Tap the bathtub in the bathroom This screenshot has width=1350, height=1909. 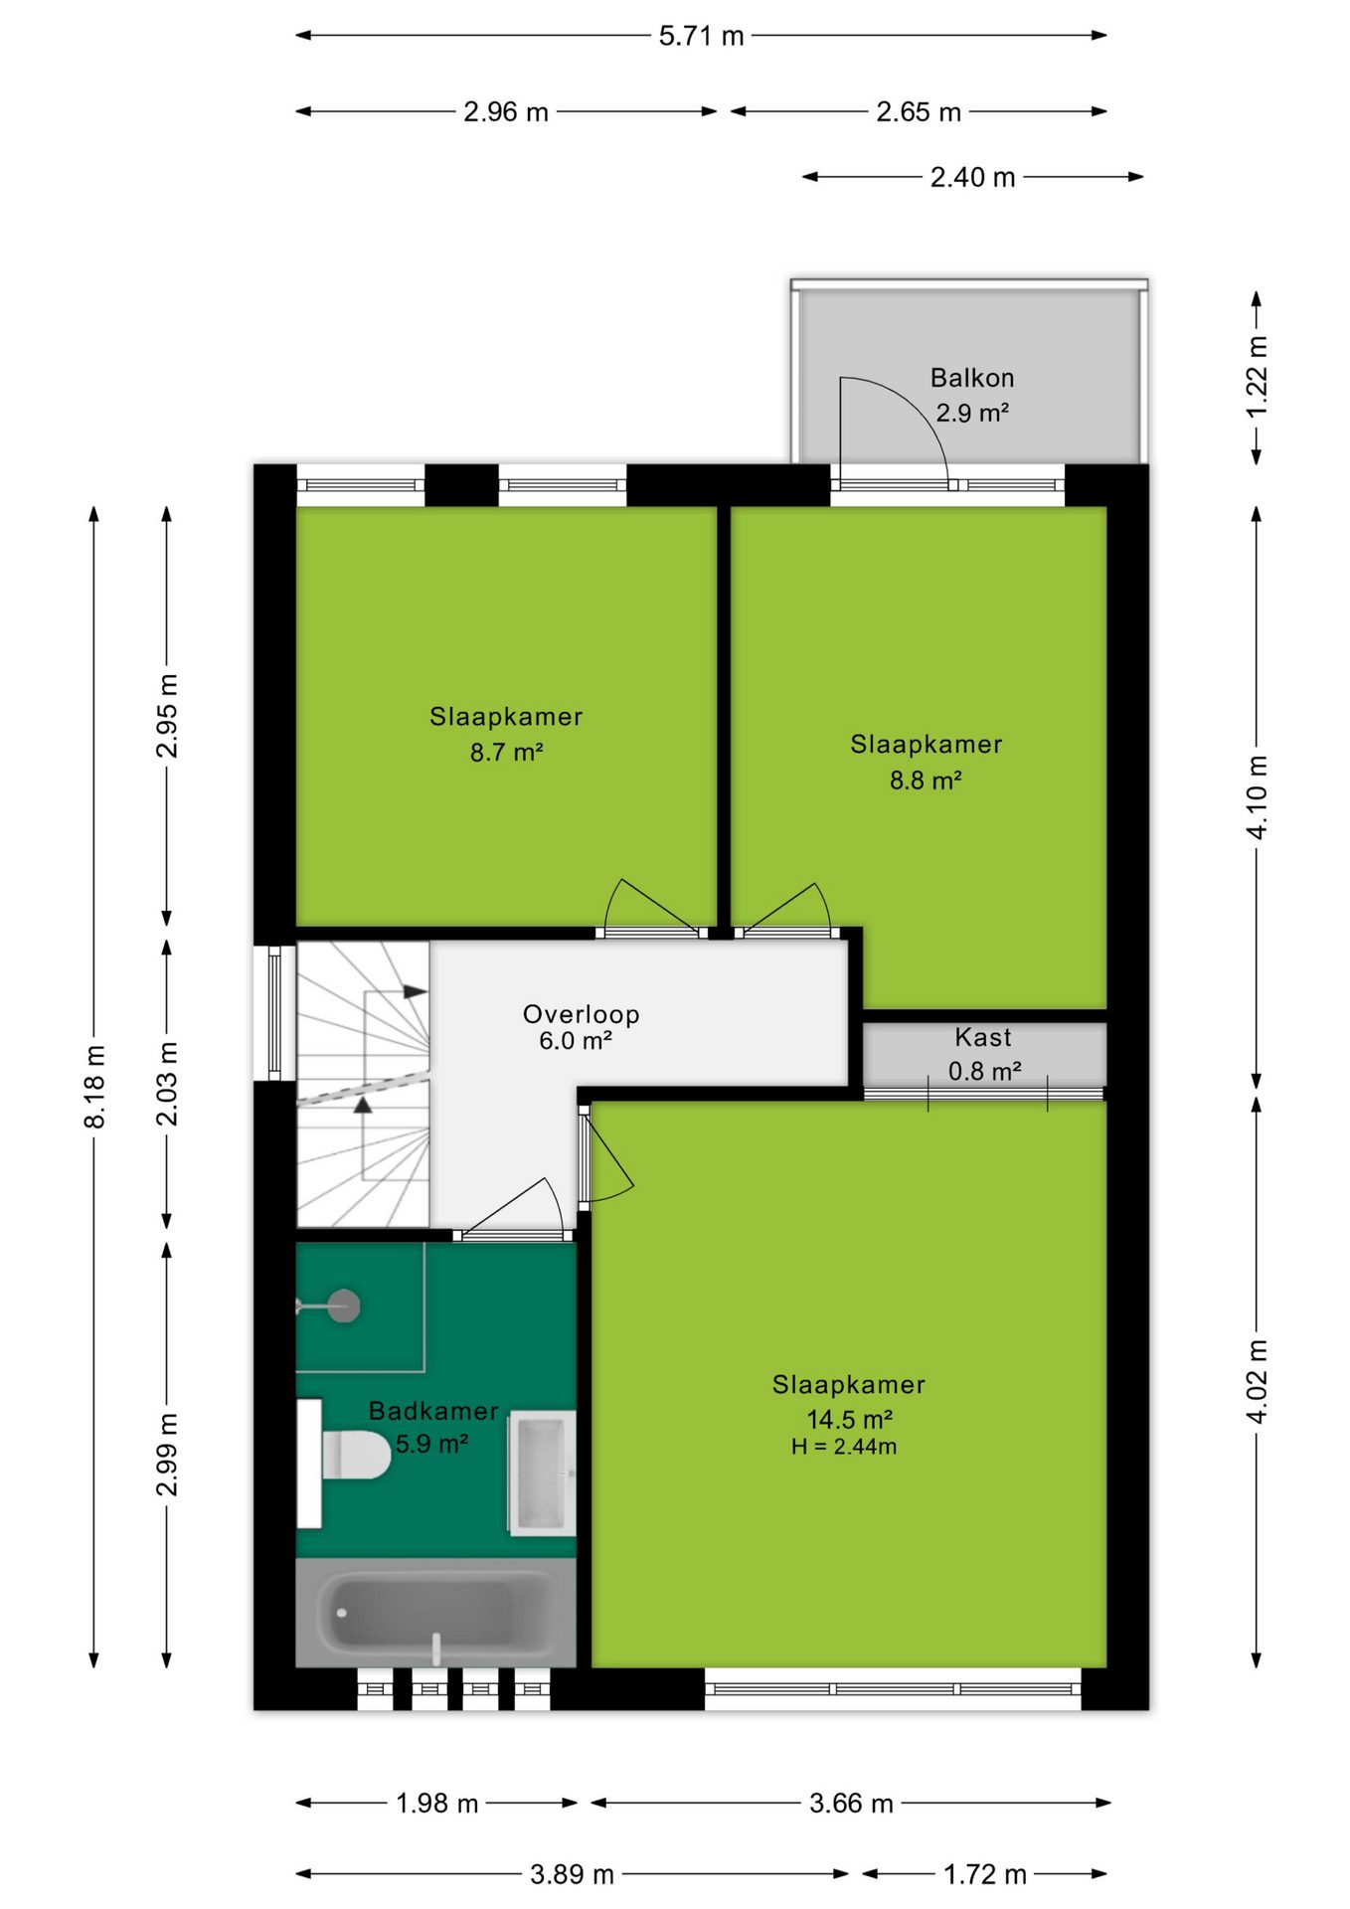[435, 1612]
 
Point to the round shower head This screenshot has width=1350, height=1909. [344, 1305]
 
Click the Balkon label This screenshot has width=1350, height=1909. [972, 378]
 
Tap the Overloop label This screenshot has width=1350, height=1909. [582, 1014]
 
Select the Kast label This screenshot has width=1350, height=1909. [983, 1037]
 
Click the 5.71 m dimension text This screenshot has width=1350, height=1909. [701, 36]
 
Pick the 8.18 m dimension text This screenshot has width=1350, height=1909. [94, 1086]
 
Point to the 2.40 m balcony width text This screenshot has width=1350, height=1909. [972, 177]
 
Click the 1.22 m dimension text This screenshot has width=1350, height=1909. [1257, 377]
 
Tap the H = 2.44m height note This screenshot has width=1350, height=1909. [844, 1447]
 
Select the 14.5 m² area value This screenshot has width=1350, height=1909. [849, 1419]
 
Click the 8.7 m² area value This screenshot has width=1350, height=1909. [506, 752]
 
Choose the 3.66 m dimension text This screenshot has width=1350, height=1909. [851, 1803]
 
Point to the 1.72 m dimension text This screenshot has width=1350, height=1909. [984, 1874]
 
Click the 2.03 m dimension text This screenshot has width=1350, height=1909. [167, 1084]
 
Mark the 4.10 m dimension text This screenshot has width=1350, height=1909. [1257, 797]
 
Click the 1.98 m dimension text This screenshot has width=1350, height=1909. [437, 1803]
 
